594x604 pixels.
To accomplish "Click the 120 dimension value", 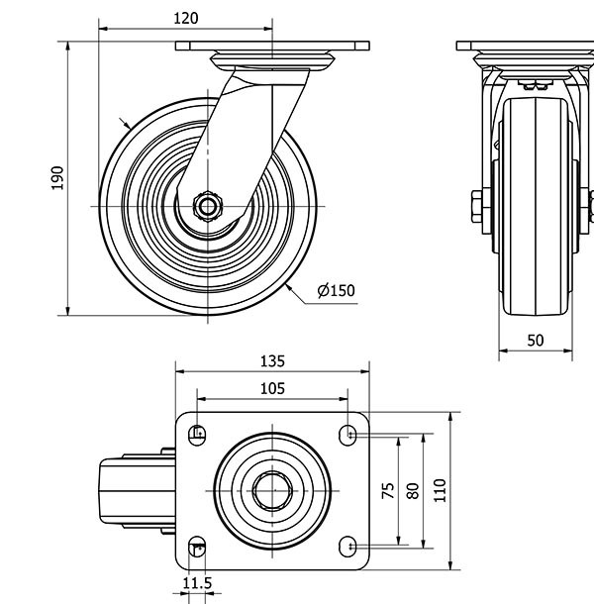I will (185, 18).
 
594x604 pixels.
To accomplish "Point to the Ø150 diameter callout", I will (336, 290).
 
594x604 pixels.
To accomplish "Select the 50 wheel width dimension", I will (535, 340).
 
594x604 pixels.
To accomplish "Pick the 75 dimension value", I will (388, 489).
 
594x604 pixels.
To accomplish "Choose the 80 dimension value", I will (414, 489).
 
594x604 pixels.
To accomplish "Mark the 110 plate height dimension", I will (441, 489).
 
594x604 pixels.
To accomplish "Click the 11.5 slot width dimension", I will (197, 584).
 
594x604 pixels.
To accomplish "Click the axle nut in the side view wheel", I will (209, 205).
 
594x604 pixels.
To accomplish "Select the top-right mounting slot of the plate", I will (347, 433).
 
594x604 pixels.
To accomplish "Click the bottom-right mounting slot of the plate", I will (347, 547).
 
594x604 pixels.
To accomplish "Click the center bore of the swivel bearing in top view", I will (270, 489).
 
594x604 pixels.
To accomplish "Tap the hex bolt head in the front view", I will (473, 205).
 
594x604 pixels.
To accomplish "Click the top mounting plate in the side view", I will (272, 46).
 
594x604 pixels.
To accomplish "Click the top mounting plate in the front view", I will (525, 46).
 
